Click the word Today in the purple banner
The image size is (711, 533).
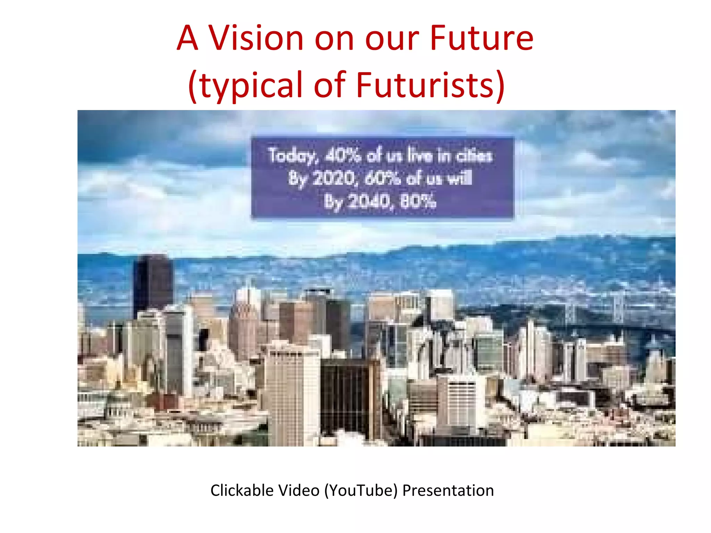tap(292, 155)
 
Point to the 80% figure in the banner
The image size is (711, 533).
tap(418, 201)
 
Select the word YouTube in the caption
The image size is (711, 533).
tap(361, 491)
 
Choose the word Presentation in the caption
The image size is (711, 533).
tap(448, 490)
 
